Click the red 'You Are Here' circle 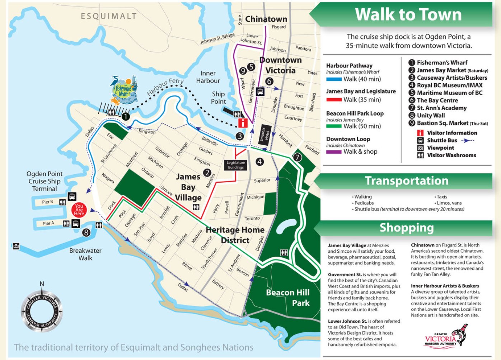pyautogui.click(x=79, y=210)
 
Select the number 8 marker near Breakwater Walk pyautogui.click(x=86, y=233)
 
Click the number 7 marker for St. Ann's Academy pyautogui.click(x=297, y=157)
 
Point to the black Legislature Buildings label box pyautogui.click(x=236, y=165)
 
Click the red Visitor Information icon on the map pyautogui.click(x=243, y=123)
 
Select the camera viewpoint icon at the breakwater pyautogui.click(x=16, y=246)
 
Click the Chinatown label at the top pyautogui.click(x=266, y=19)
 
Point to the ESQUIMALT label pyautogui.click(x=108, y=16)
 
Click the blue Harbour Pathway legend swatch pyautogui.click(x=333, y=79)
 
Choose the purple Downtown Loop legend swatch pyautogui.click(x=333, y=152)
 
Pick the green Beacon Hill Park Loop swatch pyautogui.click(x=333, y=126)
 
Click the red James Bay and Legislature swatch pyautogui.click(x=333, y=100)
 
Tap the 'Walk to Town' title pyautogui.click(x=408, y=15)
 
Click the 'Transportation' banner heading pyautogui.click(x=406, y=181)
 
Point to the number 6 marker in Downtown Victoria pyautogui.click(x=269, y=81)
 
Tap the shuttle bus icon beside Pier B pyautogui.click(x=72, y=197)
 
